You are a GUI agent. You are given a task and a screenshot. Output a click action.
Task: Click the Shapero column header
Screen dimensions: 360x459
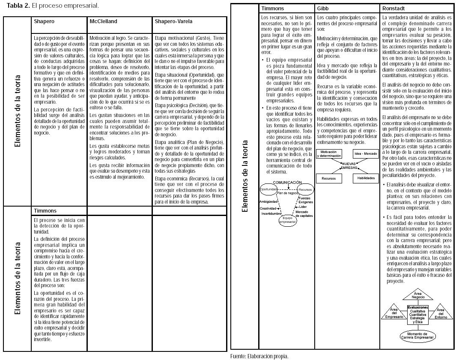(x=44, y=21)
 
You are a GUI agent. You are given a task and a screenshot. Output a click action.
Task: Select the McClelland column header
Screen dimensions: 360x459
(x=103, y=21)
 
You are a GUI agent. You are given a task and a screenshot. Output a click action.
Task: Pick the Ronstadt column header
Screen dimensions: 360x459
(x=393, y=9)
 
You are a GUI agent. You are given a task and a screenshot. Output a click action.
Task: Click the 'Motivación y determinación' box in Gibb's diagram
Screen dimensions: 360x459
(x=329, y=154)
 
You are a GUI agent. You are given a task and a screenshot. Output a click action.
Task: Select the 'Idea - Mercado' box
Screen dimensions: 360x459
(x=365, y=153)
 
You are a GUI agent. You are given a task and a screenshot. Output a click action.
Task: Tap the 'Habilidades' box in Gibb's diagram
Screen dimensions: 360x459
(x=365, y=178)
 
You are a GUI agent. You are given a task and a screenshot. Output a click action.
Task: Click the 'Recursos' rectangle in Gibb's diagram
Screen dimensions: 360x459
(x=328, y=178)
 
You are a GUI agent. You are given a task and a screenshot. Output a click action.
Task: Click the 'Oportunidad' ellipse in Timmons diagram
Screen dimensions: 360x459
(x=269, y=189)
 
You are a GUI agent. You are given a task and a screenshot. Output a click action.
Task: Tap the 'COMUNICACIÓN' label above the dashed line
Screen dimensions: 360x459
(x=287, y=183)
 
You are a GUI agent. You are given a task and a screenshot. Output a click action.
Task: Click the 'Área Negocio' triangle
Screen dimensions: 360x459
(x=418, y=295)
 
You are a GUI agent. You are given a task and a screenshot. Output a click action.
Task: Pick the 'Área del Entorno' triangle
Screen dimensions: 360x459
(x=441, y=312)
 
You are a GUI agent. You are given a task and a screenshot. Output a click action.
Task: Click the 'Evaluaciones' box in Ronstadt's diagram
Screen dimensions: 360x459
(x=417, y=314)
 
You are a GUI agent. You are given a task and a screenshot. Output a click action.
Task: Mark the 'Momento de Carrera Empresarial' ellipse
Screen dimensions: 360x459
(x=417, y=336)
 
